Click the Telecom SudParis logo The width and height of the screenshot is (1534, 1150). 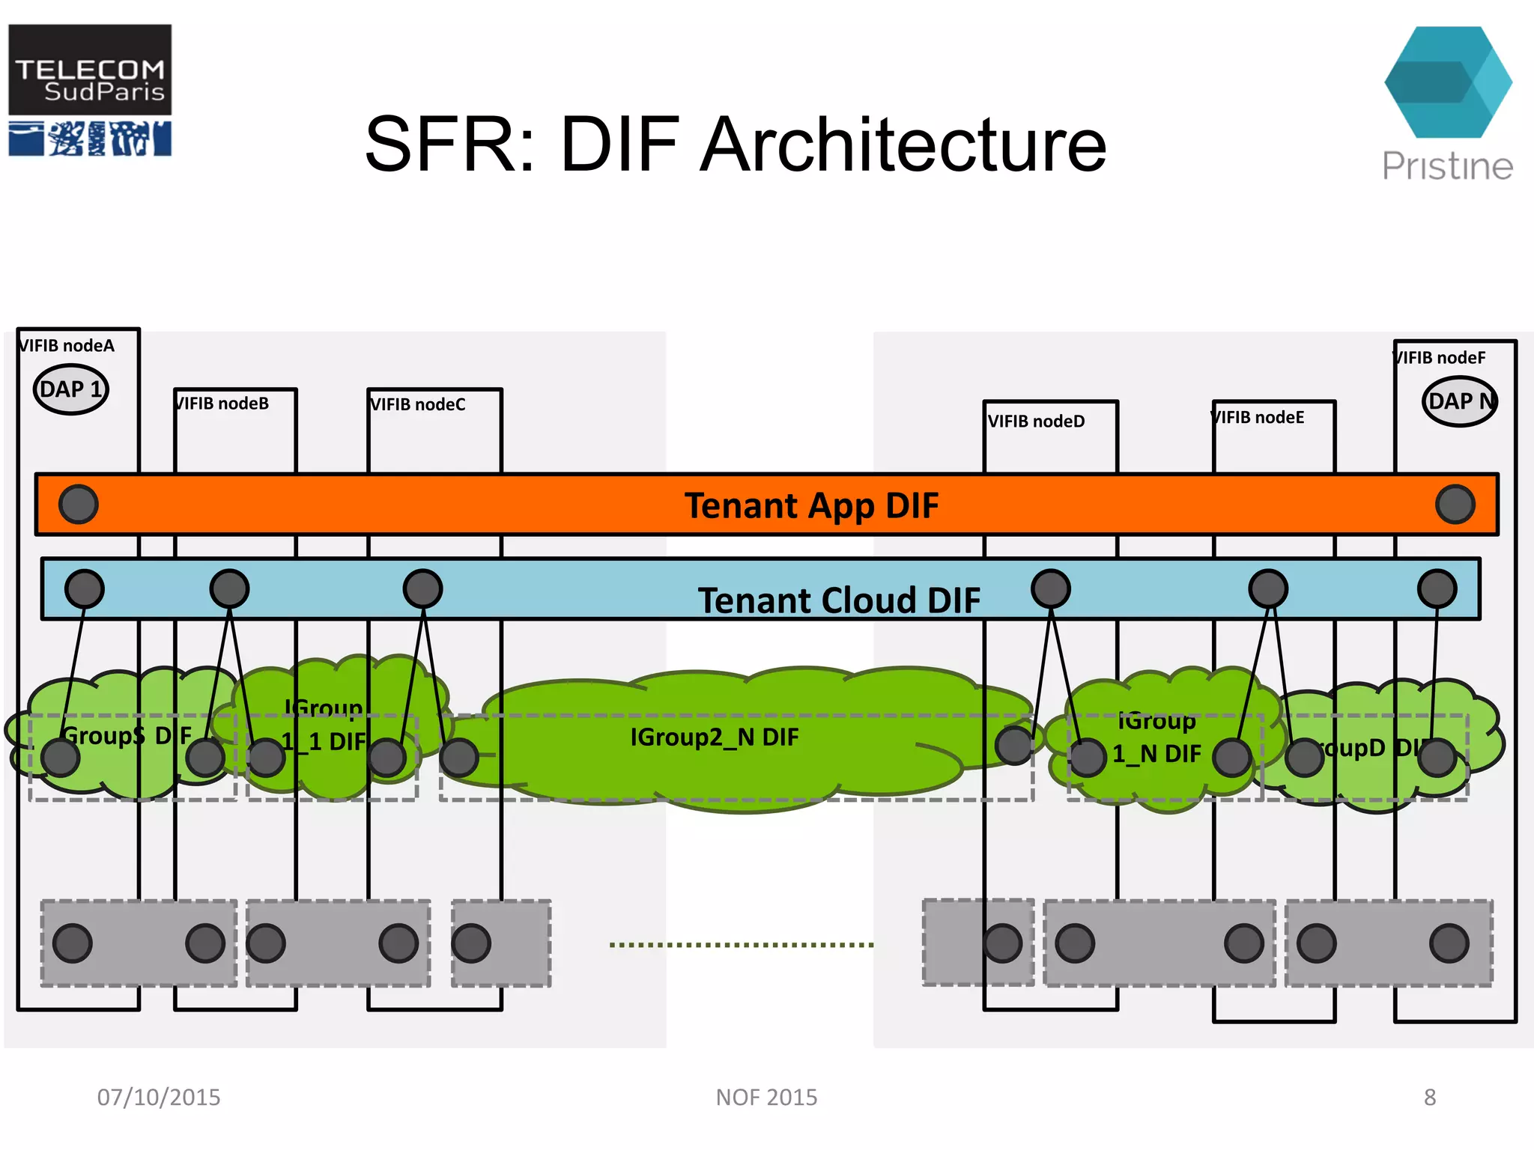90,90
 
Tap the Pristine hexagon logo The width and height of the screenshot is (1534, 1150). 1447,82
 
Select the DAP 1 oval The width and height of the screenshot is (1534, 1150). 71,389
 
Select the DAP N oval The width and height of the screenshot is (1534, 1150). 1459,401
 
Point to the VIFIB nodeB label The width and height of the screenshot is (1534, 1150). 222,404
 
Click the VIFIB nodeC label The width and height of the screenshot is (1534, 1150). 418,404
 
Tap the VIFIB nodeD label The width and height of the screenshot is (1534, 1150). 1036,422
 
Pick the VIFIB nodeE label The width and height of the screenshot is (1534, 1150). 1258,417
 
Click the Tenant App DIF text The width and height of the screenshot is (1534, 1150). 811,505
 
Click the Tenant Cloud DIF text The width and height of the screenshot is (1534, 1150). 839,600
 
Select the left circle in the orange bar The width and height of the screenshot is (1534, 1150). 79,504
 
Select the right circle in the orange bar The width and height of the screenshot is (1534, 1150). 1455,504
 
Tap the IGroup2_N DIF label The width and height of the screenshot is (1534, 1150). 714,737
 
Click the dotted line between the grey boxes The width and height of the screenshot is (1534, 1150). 742,945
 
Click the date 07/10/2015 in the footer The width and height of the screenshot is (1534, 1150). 159,1098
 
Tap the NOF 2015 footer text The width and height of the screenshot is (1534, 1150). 766,1098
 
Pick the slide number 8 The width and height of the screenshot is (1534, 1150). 1429,1098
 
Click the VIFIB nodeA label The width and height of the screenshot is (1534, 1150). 67,346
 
